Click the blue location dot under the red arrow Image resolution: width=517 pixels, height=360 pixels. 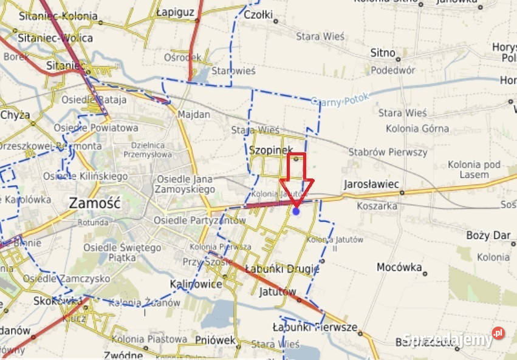[296, 211]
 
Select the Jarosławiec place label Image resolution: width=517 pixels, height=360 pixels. [371, 183]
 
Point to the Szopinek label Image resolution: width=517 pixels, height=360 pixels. [272, 149]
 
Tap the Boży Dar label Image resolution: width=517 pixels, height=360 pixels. [488, 235]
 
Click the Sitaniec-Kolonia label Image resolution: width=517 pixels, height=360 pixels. [57, 16]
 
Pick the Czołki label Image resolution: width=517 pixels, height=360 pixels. [258, 16]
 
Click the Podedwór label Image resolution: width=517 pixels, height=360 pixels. [393, 70]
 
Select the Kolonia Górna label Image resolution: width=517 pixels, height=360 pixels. [417, 128]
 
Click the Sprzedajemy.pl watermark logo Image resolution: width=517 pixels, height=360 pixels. [453, 339]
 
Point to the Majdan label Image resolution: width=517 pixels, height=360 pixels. [194, 114]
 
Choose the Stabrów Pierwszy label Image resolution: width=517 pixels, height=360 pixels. [388, 152]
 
